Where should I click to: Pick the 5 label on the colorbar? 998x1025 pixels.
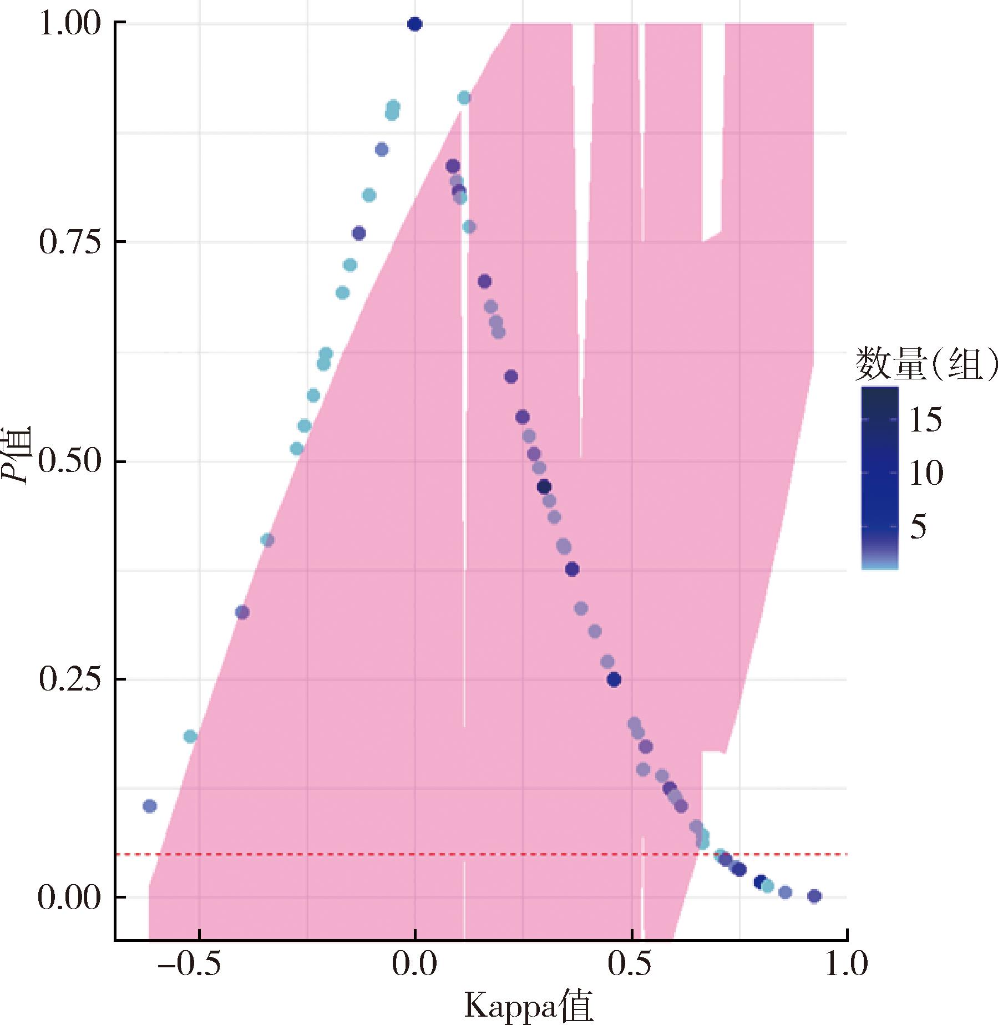click(919, 527)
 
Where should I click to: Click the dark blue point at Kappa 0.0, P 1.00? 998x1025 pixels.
click(414, 24)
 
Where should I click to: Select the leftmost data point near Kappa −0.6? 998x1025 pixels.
click(149, 806)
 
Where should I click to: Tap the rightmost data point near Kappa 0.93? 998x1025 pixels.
click(814, 896)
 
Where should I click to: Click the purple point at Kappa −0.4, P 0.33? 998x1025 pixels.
click(242, 612)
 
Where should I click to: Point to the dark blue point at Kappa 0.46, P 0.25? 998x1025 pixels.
click(614, 679)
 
